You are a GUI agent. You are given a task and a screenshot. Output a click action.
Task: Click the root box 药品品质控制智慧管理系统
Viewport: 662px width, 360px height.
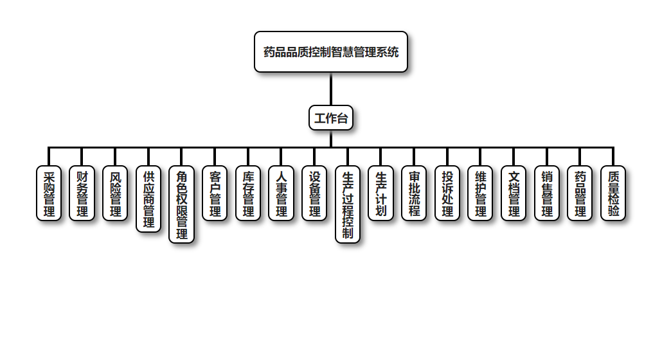(x=331, y=51)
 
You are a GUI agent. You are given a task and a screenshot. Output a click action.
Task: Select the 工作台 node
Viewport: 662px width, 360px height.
(x=331, y=118)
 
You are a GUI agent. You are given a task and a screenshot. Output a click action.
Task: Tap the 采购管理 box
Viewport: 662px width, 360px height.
(x=49, y=193)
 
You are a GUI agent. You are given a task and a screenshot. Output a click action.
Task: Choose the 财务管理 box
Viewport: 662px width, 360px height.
(x=82, y=193)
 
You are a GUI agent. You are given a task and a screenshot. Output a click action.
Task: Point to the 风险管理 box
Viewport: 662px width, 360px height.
(x=115, y=193)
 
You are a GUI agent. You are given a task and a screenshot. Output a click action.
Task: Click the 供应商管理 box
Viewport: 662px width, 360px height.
(x=148, y=199)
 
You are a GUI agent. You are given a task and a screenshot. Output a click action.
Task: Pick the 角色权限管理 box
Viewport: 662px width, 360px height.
(x=182, y=204)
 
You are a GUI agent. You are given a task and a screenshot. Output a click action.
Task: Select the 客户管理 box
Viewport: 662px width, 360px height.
(x=215, y=193)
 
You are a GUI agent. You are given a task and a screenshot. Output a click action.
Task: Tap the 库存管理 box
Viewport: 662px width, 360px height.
(x=248, y=193)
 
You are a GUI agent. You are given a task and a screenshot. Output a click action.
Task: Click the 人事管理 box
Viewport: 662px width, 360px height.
(x=281, y=193)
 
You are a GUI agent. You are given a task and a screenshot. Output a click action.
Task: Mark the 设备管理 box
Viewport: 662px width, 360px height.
(x=314, y=193)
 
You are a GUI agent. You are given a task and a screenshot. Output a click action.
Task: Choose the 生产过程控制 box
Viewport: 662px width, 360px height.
(x=348, y=204)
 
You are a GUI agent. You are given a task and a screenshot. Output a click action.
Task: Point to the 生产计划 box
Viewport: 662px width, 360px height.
(x=380, y=193)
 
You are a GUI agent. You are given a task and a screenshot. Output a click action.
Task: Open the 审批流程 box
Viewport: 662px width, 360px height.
(x=414, y=193)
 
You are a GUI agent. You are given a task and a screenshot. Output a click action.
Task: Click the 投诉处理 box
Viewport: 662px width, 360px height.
(x=447, y=193)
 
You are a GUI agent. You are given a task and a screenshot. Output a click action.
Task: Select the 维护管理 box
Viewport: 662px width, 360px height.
(x=480, y=193)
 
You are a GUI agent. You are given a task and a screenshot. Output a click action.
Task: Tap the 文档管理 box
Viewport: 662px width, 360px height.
(x=514, y=193)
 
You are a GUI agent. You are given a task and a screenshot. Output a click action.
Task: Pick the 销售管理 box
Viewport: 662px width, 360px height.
(x=547, y=193)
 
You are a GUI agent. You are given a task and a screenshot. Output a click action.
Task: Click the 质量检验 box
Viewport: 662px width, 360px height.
(x=613, y=193)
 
